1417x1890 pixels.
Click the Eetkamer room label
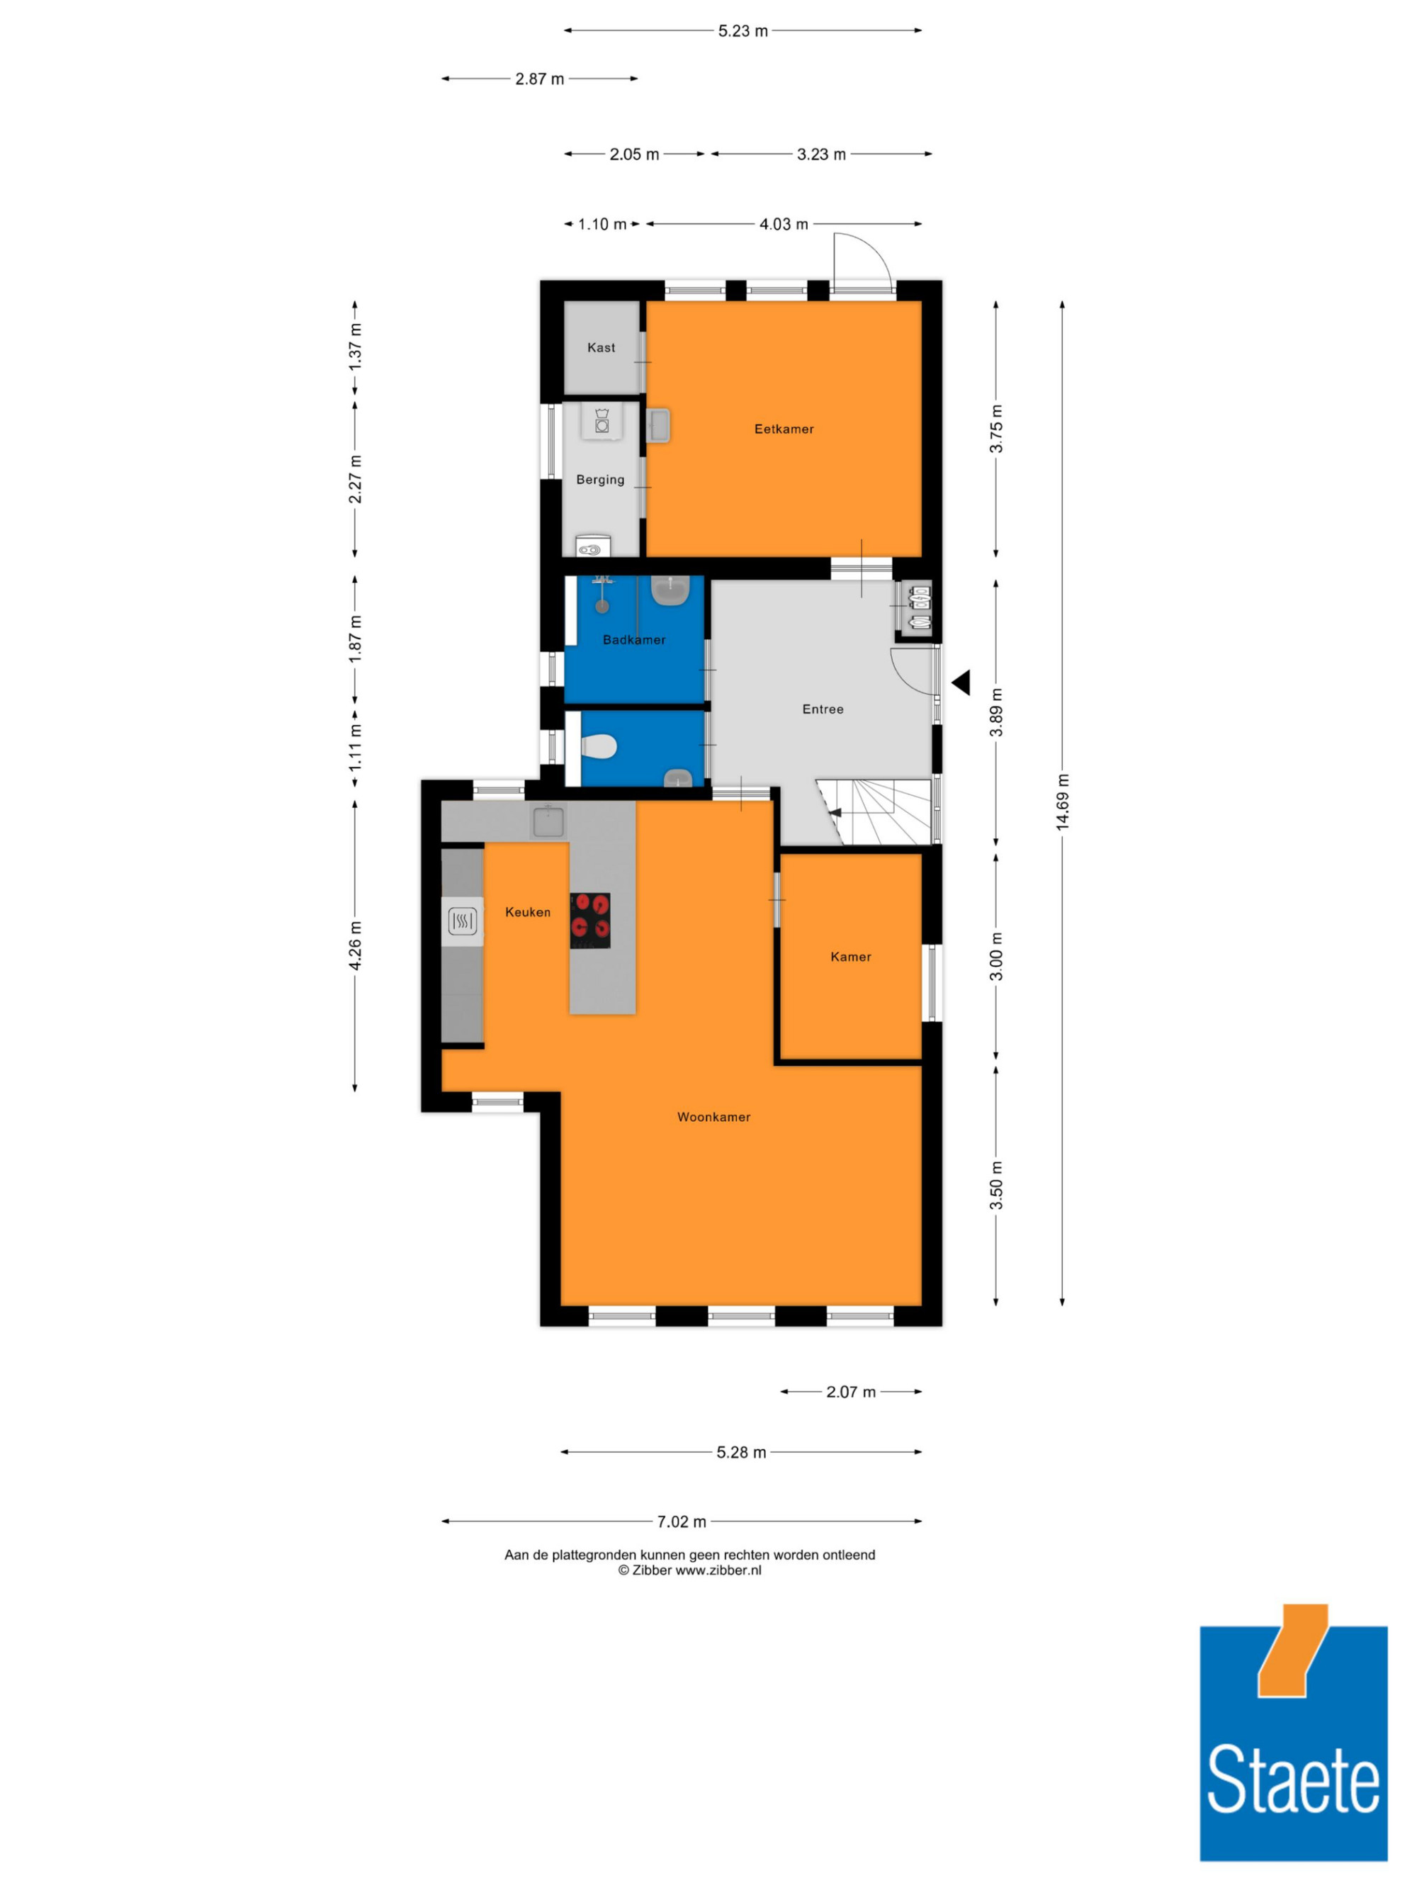click(x=783, y=429)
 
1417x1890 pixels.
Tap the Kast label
click(x=600, y=348)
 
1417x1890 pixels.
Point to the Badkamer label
click(x=634, y=639)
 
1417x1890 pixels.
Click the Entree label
click(x=823, y=709)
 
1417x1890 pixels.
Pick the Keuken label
click(x=527, y=913)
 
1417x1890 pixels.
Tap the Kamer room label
click(x=851, y=957)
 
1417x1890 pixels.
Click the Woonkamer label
click(x=713, y=1117)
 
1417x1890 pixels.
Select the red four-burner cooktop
click(x=590, y=921)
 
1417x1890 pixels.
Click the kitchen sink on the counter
click(x=548, y=822)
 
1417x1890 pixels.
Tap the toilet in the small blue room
click(x=599, y=747)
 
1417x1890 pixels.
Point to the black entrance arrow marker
click(x=961, y=682)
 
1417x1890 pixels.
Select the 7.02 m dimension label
click(x=682, y=1521)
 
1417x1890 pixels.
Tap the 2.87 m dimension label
click(x=540, y=79)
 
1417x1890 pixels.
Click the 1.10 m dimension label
click(x=603, y=225)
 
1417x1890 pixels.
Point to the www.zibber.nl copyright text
click(x=689, y=1570)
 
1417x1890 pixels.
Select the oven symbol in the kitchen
click(x=462, y=921)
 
